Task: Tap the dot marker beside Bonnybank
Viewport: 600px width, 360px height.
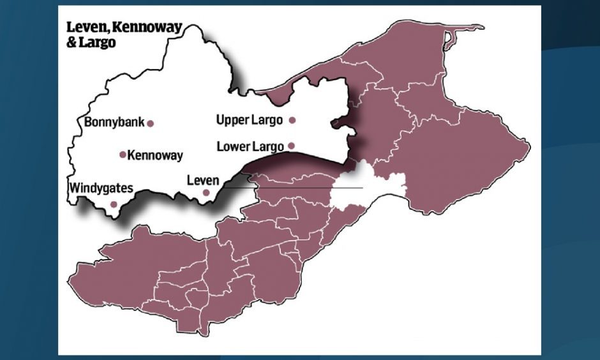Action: point(151,124)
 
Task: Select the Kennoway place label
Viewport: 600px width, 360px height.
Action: point(155,155)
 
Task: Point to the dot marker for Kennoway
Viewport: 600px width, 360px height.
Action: point(123,154)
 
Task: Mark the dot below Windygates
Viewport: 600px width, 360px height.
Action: point(114,204)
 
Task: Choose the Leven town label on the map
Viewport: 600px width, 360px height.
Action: point(202,180)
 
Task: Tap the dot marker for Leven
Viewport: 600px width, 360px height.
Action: point(206,192)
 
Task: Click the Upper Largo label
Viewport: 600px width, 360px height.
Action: point(249,119)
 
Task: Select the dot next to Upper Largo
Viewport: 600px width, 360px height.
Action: point(292,120)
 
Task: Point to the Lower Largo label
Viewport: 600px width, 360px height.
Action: point(250,146)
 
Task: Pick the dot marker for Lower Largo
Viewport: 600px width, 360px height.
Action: point(292,146)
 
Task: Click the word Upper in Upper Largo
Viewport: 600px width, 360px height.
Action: point(232,119)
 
